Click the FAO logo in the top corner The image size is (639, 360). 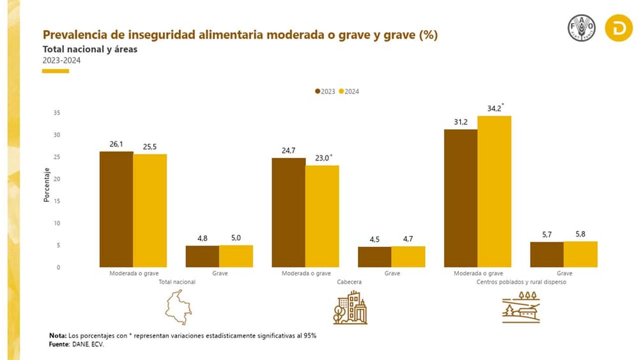(x=581, y=29)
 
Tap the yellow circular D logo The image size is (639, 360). (x=619, y=29)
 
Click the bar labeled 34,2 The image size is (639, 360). (x=495, y=191)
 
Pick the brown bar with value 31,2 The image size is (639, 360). (x=461, y=198)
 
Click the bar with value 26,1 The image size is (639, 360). (x=116, y=209)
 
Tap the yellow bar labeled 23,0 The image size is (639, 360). (x=322, y=216)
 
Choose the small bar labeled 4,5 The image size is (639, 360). (x=374, y=256)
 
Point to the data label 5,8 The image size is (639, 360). (x=580, y=235)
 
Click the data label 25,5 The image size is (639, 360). (x=150, y=146)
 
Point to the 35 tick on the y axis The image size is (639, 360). (x=56, y=113)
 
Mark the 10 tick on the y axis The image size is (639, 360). (x=56, y=223)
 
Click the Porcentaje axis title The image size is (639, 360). (x=47, y=185)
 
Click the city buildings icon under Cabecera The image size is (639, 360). (x=350, y=307)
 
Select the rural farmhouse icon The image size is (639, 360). (x=523, y=307)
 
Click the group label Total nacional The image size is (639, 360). (x=177, y=281)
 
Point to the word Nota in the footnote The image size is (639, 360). (x=57, y=336)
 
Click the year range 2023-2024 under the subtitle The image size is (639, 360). (x=61, y=60)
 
